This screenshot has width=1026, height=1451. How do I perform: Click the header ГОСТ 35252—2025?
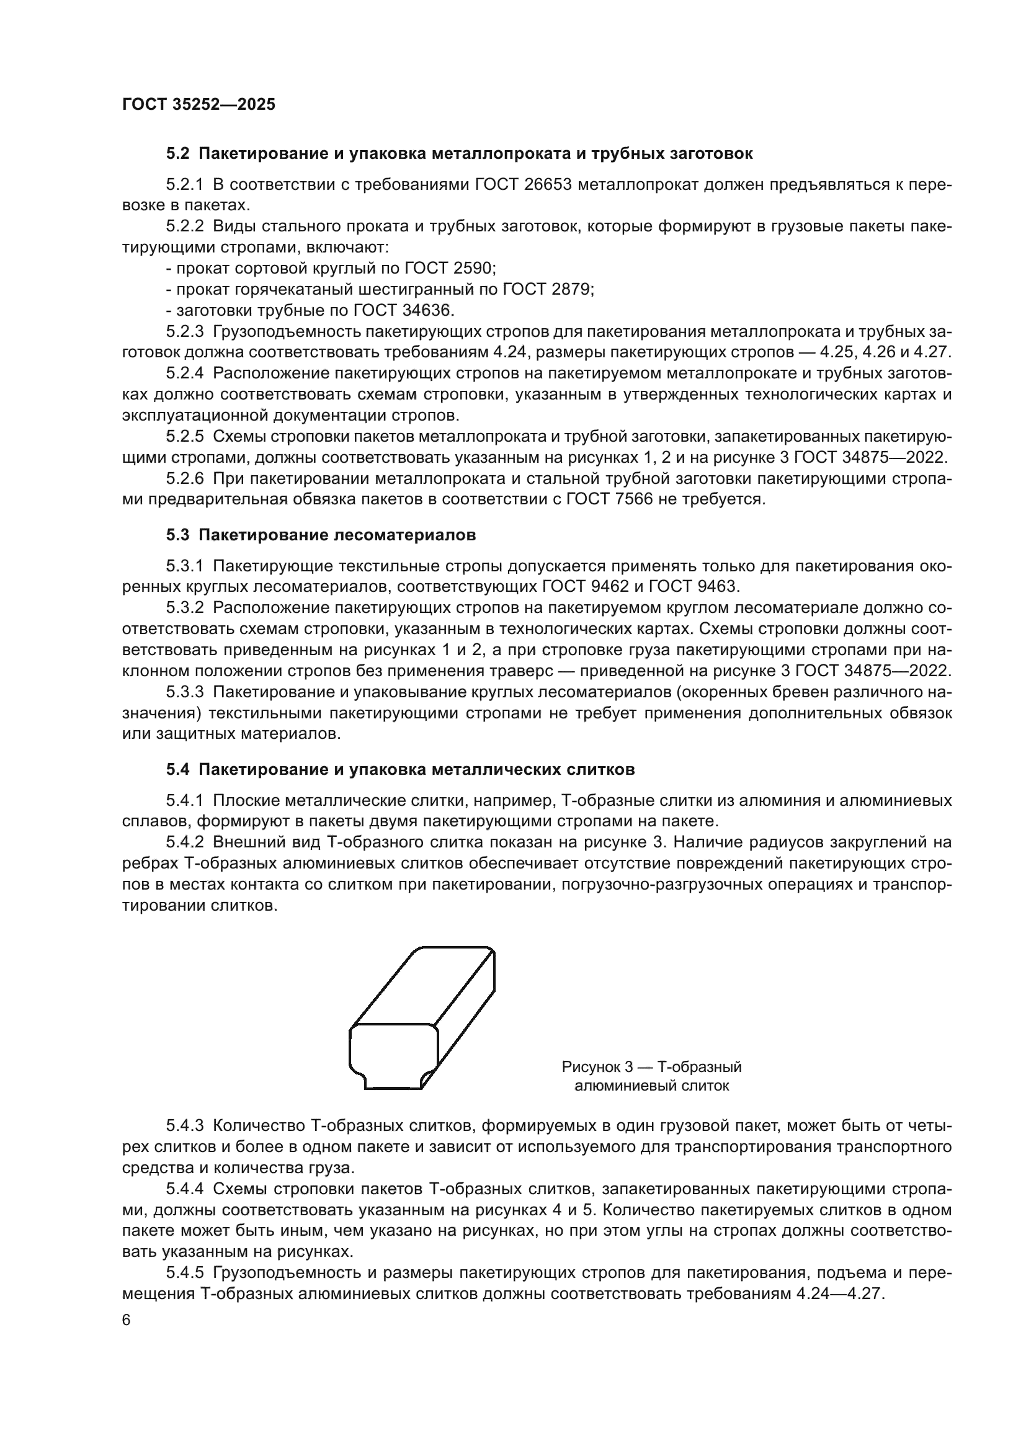coord(199,105)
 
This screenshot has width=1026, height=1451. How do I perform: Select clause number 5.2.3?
coord(185,332)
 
